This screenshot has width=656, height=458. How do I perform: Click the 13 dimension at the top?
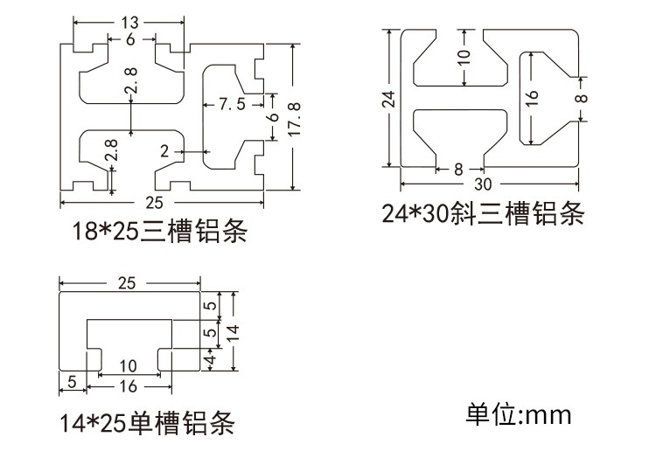tap(129, 22)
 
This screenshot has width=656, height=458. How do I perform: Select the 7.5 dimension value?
tap(232, 104)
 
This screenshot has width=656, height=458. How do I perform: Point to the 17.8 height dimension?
tap(295, 118)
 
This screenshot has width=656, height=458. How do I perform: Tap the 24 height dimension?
tap(389, 99)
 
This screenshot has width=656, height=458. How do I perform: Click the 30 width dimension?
tap(482, 184)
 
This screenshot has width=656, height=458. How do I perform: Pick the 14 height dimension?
tap(234, 332)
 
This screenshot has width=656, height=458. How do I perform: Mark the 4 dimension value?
tap(212, 359)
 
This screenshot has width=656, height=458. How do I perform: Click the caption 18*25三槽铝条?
tap(160, 230)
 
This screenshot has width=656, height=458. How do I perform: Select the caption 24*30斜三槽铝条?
tap(482, 213)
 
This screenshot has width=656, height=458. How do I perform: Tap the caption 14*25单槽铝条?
tap(147, 422)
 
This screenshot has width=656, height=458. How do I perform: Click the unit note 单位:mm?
tap(519, 414)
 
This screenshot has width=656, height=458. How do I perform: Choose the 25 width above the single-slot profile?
tap(126, 283)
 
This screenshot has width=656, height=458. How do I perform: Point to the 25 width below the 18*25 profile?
tap(154, 203)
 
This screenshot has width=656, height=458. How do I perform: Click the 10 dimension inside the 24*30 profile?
tap(464, 58)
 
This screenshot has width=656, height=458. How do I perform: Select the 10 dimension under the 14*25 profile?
tap(128, 366)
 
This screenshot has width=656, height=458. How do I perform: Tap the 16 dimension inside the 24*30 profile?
tap(531, 99)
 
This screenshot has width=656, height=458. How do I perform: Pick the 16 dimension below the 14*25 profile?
tap(128, 386)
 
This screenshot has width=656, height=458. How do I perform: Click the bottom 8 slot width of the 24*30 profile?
tap(458, 170)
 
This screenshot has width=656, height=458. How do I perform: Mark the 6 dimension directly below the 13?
tap(130, 39)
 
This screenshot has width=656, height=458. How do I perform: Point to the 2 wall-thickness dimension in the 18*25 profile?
tap(164, 151)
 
